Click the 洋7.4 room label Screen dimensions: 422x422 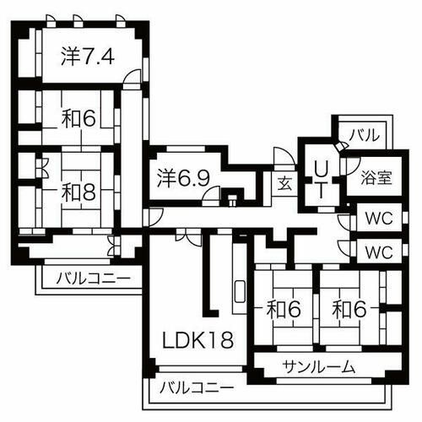click(x=87, y=56)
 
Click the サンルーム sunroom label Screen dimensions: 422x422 click(x=318, y=366)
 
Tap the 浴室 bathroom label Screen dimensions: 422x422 click(x=376, y=178)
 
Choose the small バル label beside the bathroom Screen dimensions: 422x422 click(x=363, y=135)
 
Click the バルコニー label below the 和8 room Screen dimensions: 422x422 click(x=94, y=277)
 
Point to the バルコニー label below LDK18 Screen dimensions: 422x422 click(x=197, y=388)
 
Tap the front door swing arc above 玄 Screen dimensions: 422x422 click(x=281, y=156)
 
